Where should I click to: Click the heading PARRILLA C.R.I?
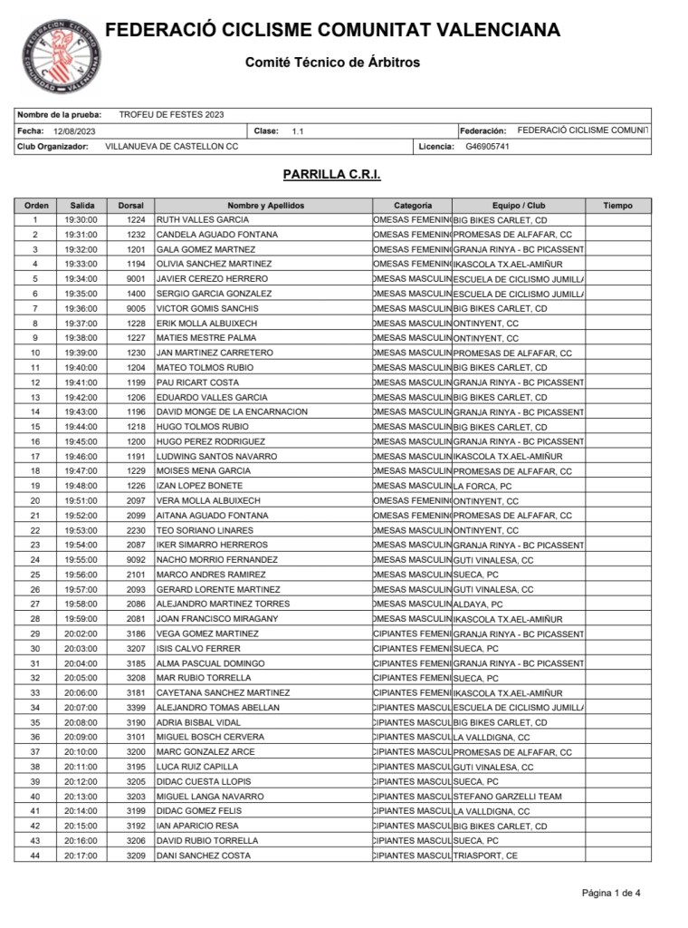331,173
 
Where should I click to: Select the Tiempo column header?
617,206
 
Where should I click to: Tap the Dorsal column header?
131,206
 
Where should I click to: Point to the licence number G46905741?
487,147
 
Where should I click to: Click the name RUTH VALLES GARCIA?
203,220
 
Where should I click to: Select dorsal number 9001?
136,279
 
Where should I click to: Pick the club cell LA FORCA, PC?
483,486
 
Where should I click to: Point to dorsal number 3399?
136,708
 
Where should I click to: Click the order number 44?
35,855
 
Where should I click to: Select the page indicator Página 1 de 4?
611,893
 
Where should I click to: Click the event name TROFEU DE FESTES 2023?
171,115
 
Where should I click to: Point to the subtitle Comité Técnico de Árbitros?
332,63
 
